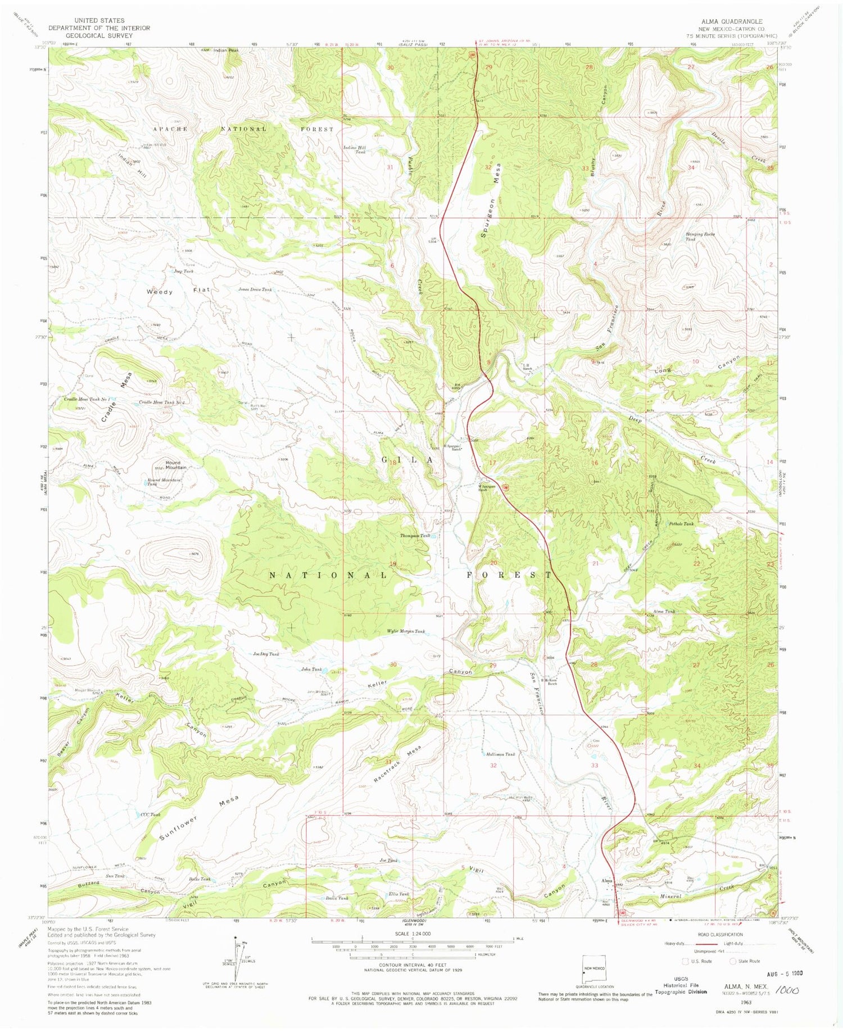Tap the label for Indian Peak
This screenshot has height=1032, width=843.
click(226, 51)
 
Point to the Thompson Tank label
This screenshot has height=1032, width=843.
click(415, 536)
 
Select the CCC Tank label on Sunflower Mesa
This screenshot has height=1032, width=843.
click(151, 814)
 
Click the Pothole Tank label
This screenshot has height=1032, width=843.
click(681, 524)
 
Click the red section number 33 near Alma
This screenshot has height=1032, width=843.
click(595, 765)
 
